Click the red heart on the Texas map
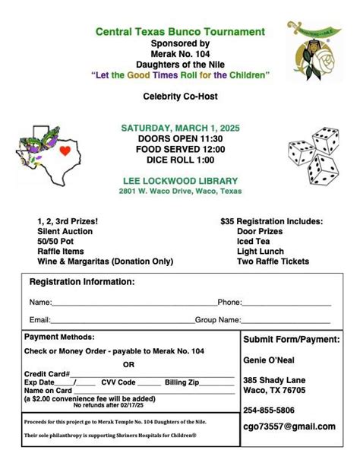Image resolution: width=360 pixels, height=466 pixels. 65,151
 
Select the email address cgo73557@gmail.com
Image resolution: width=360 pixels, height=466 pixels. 289,426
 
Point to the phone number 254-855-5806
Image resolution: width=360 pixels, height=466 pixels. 270,409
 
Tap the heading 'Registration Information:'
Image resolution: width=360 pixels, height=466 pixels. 82,282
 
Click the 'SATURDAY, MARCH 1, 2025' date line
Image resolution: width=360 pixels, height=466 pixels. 180,128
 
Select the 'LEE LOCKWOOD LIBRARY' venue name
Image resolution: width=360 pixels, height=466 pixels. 180,180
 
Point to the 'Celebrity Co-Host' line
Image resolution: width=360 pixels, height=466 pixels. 180,97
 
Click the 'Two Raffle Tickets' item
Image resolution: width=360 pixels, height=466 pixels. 273,261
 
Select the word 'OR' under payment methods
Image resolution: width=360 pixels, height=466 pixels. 128,363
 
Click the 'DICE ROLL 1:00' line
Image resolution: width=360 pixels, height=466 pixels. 180,159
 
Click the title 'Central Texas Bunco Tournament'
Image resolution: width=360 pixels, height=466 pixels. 180,32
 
